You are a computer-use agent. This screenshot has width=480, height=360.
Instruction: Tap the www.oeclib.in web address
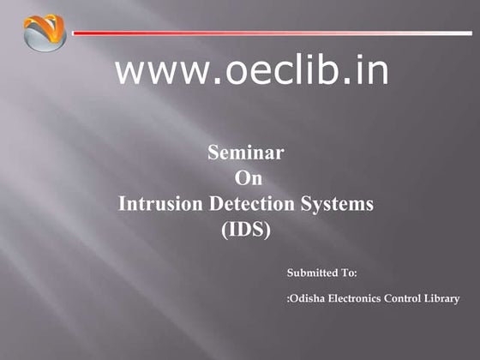[251, 71]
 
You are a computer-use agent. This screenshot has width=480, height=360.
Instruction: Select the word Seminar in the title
[246, 153]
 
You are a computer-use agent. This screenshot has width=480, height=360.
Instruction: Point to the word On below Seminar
[248, 179]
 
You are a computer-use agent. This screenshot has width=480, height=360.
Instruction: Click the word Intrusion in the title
[154, 205]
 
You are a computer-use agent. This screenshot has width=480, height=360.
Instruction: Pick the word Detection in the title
[244, 205]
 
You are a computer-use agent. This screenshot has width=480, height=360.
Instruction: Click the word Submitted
[311, 273]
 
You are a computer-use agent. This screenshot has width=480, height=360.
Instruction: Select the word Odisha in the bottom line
[305, 299]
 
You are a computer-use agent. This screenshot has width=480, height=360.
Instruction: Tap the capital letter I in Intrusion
[121, 205]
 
